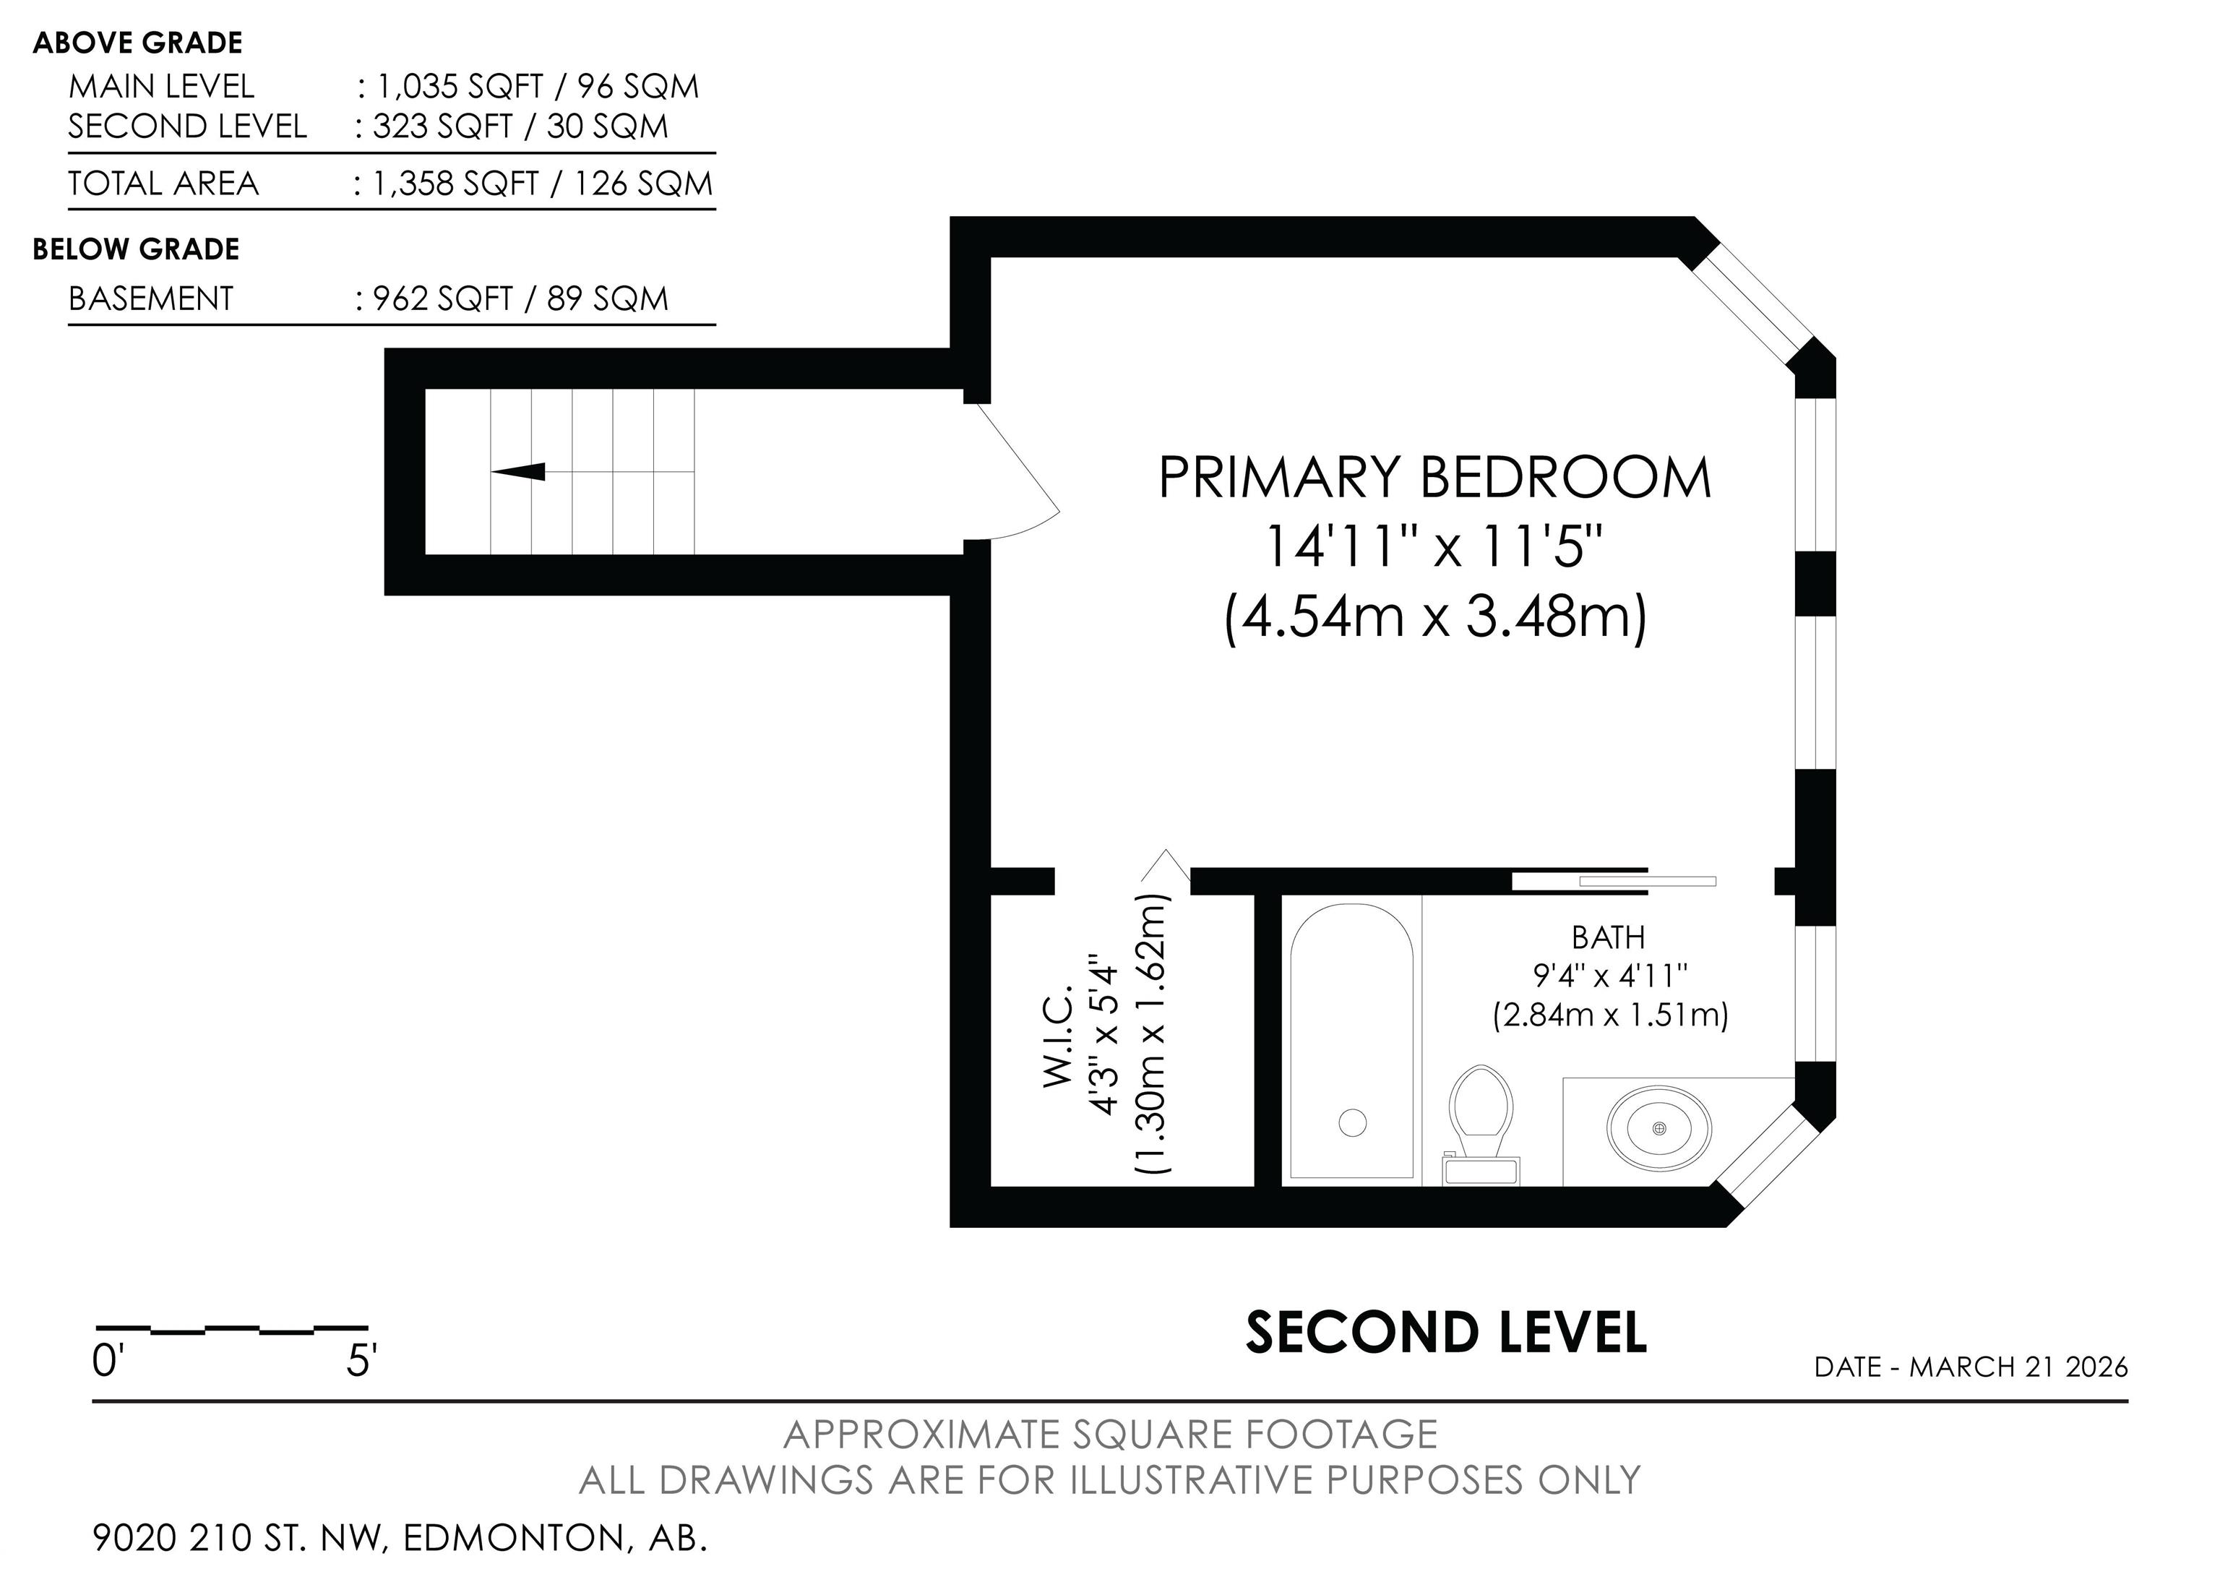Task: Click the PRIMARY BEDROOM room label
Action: tap(1435, 478)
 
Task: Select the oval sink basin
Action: tap(1659, 1128)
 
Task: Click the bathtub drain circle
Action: tap(1353, 1122)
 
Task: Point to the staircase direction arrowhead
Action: tap(518, 472)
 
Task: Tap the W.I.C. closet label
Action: tap(1059, 1036)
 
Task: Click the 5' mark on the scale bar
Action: tap(361, 1361)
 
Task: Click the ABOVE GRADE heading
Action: tap(137, 43)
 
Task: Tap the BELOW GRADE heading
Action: tap(137, 249)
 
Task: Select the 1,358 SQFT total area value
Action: tap(455, 184)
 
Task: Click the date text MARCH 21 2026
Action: tap(2019, 1367)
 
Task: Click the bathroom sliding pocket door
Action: tap(1614, 881)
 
